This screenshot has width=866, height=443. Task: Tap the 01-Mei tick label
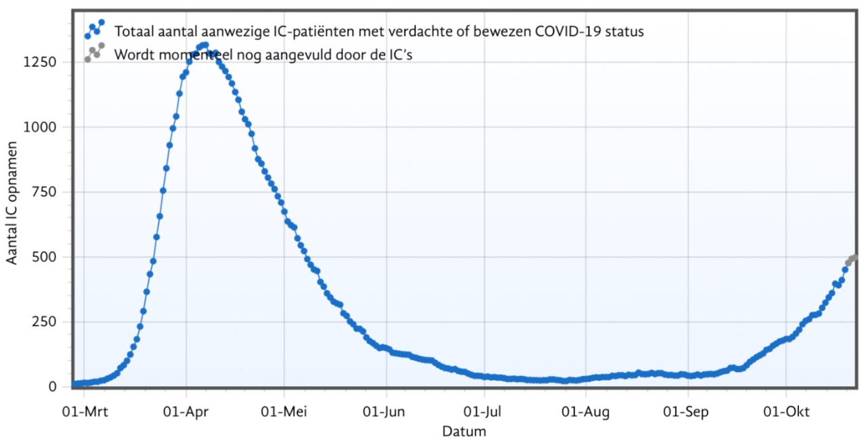pyautogui.click(x=285, y=411)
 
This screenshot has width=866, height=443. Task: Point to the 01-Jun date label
pyautogui.click(x=386, y=411)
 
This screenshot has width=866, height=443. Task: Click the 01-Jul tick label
pyautogui.click(x=484, y=411)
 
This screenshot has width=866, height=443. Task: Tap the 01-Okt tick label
pyautogui.click(x=786, y=411)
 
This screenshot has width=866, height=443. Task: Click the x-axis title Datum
pyautogui.click(x=463, y=431)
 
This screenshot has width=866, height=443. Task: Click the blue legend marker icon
pyautogui.click(x=94, y=30)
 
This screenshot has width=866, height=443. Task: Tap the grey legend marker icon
pyautogui.click(x=94, y=53)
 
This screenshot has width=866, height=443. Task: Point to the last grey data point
pyautogui.click(x=854, y=257)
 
